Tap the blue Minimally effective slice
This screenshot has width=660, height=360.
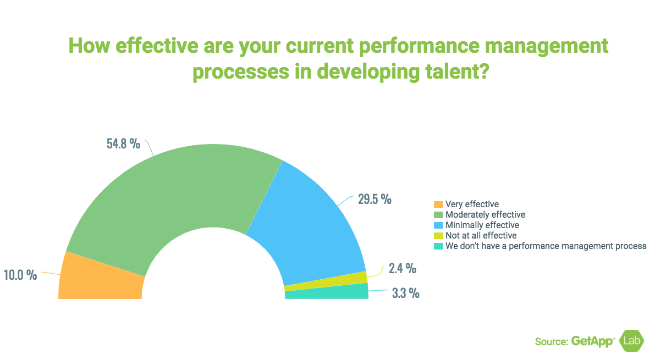pos(308,220)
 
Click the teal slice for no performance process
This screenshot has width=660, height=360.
pos(327,292)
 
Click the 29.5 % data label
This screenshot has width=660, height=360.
pos(375,199)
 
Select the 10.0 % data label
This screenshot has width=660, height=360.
pos(20,275)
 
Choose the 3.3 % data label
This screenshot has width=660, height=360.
pos(405,293)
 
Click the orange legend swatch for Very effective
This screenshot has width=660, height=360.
pos(438,204)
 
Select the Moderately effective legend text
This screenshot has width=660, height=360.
pos(485,214)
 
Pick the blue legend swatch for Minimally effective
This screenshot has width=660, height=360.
pos(438,225)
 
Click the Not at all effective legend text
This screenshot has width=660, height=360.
pos(481,236)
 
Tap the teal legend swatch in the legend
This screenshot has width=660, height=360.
pos(438,246)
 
